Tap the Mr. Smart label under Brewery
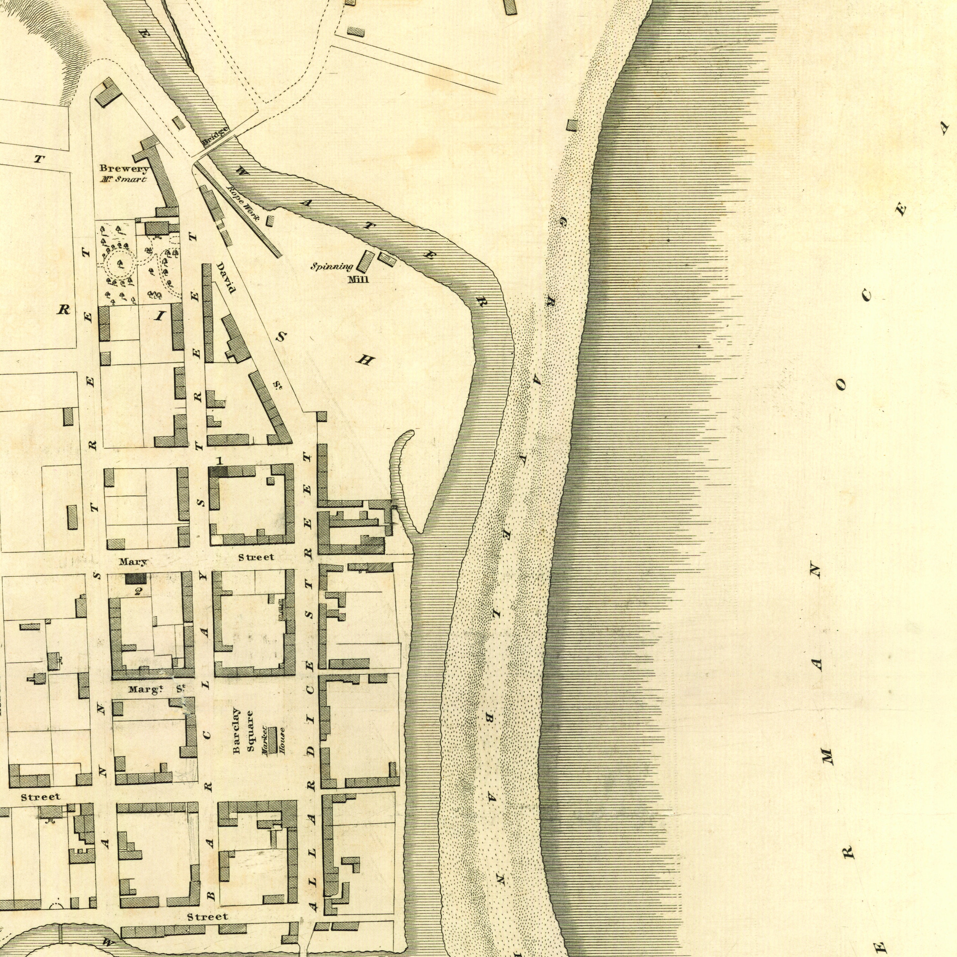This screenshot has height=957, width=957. click(x=124, y=179)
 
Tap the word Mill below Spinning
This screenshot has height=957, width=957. click(x=359, y=280)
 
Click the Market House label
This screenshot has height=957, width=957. click(x=273, y=740)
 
